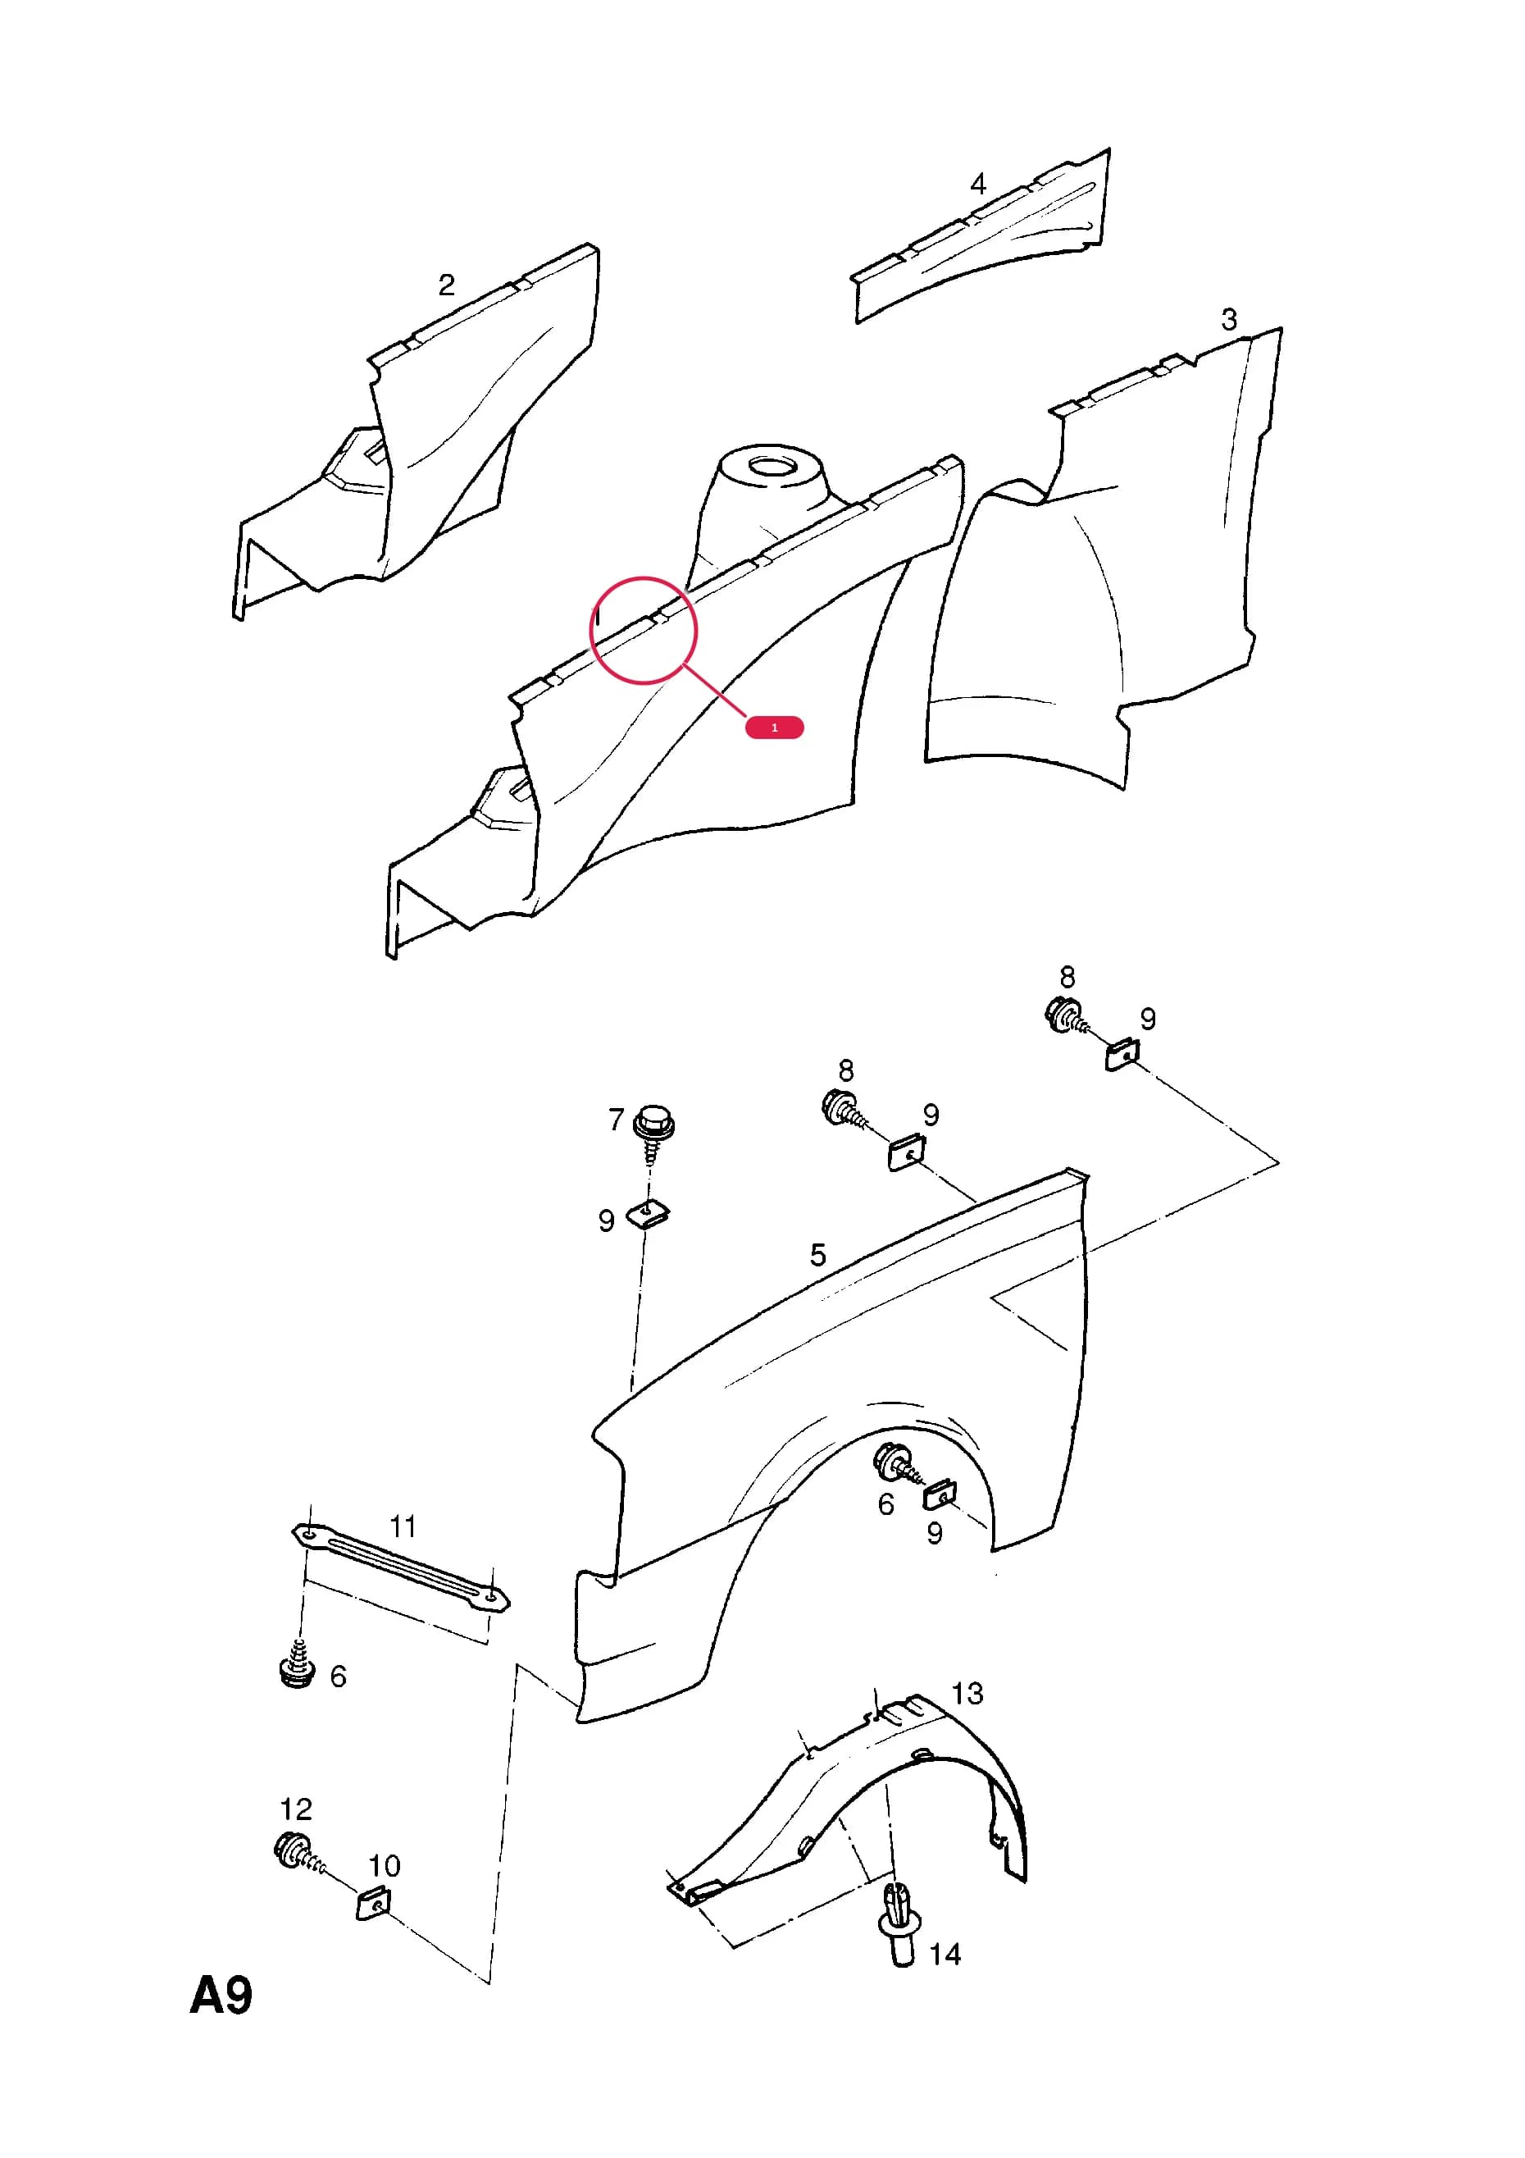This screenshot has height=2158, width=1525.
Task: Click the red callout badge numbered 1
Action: (774, 728)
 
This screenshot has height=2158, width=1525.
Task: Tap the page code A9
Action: (221, 1996)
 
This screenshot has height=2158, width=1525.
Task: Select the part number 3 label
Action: (1229, 320)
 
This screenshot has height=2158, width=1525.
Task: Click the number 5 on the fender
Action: (817, 1255)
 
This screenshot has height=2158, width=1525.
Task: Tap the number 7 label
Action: (616, 1120)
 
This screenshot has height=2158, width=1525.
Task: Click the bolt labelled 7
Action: (654, 1133)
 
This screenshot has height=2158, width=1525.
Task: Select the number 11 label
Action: (403, 1526)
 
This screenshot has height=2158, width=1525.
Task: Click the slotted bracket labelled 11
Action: (400, 1567)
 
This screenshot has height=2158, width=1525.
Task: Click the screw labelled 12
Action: (298, 1854)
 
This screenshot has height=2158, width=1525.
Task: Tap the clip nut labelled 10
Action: (374, 1905)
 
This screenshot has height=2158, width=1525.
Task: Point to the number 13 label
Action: (967, 1694)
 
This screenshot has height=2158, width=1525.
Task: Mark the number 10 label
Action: (385, 1866)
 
